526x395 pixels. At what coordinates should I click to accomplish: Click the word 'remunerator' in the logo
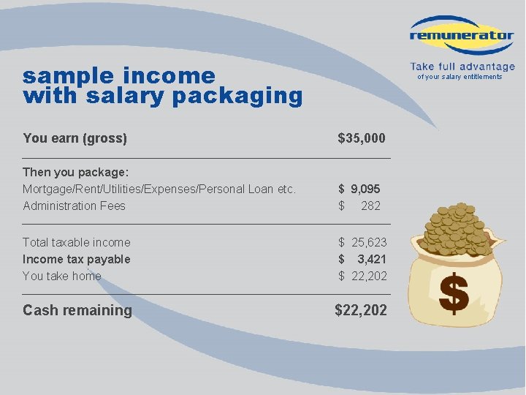[x=462, y=35]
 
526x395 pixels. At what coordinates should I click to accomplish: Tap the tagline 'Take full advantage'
[x=462, y=67]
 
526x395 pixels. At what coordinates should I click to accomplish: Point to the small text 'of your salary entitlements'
[x=460, y=77]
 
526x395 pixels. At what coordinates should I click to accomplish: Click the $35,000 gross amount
[x=362, y=138]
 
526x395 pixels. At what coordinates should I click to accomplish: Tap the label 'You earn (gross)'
[x=75, y=138]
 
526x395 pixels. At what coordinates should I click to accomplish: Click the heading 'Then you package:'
[x=75, y=172]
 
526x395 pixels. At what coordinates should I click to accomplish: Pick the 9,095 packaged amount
[x=365, y=189]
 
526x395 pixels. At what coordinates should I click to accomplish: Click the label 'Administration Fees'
[x=74, y=206]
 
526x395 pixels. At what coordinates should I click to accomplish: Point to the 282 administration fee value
[x=370, y=206]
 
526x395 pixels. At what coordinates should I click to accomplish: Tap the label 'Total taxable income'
[x=76, y=242]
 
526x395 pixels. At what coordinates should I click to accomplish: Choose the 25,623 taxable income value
[x=369, y=242]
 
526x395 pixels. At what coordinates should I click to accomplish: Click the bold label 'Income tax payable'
[x=76, y=259]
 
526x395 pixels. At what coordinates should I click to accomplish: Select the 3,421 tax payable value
[x=372, y=259]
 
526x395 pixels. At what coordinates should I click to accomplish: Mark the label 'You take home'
[x=61, y=276]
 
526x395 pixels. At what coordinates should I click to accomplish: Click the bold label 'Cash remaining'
[x=77, y=310]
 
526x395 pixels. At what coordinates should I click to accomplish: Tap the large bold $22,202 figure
[x=361, y=310]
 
